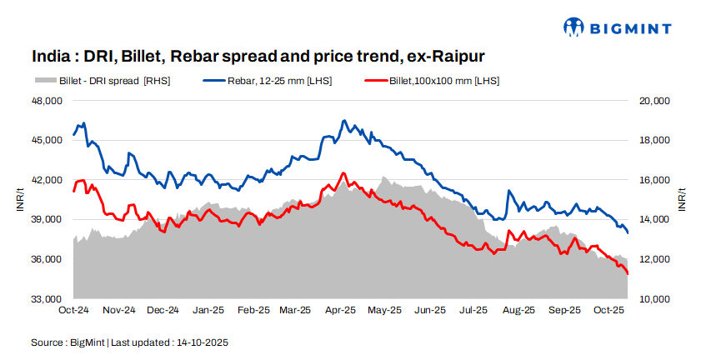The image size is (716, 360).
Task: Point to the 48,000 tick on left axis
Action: tap(47, 101)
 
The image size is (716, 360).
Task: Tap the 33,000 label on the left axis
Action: tap(47, 299)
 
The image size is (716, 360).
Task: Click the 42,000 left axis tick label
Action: tap(47, 180)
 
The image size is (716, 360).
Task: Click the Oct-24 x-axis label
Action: tap(73, 311)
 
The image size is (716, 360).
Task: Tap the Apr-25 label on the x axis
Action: tap(341, 311)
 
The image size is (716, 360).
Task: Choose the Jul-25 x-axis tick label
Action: tap(474, 311)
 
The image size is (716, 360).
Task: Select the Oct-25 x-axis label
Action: tap(609, 311)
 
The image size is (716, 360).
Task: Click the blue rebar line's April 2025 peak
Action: tap(343, 121)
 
